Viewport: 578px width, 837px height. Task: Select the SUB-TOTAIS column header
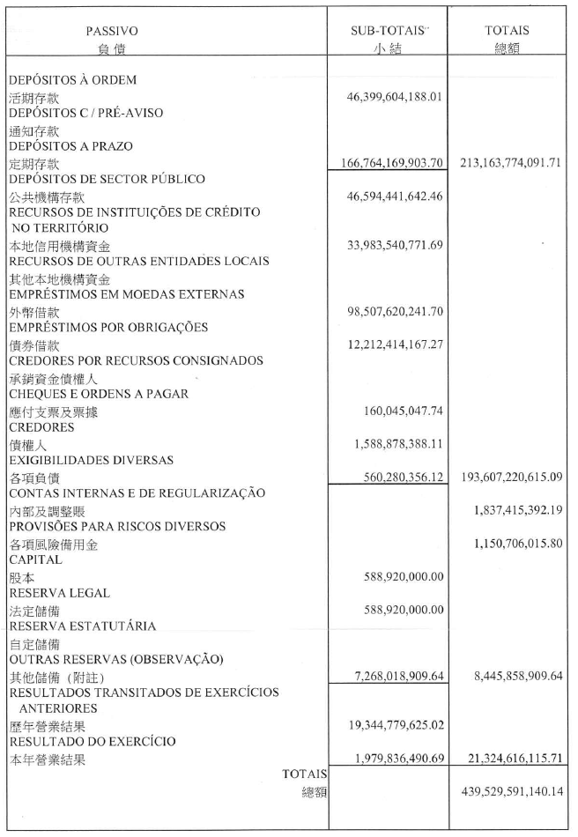click(x=387, y=30)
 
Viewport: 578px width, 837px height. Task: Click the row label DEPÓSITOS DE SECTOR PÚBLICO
click(x=107, y=179)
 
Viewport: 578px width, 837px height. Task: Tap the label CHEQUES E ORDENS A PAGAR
click(x=99, y=394)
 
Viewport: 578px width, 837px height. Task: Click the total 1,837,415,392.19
click(x=513, y=510)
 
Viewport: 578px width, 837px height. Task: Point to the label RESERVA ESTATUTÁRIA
click(x=82, y=626)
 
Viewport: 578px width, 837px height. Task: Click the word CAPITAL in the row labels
click(x=35, y=559)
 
